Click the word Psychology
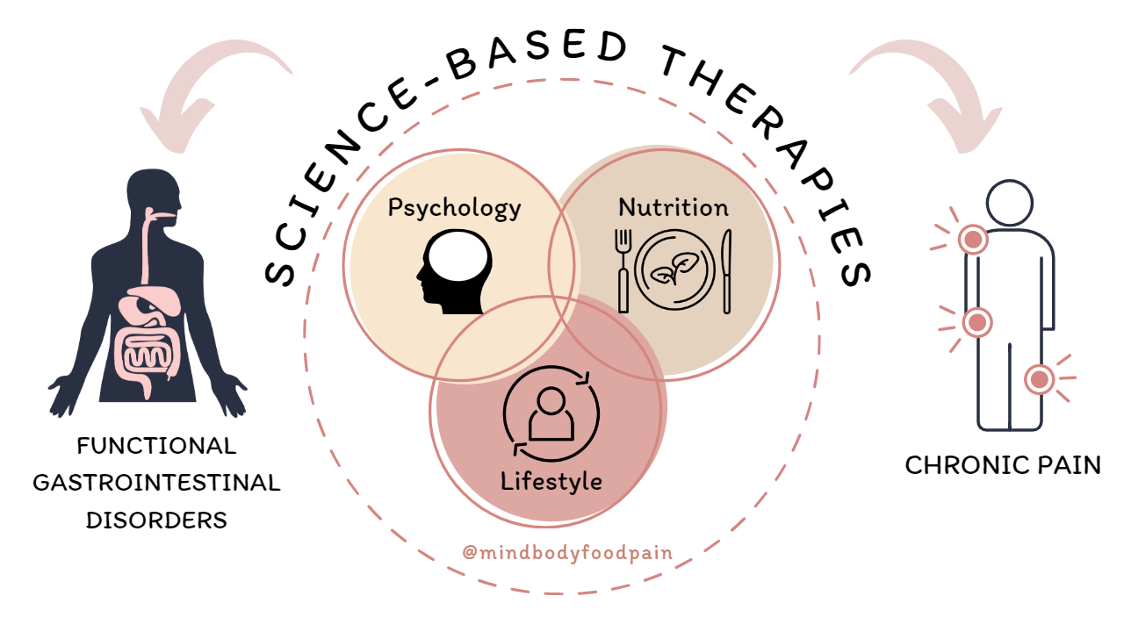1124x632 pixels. pyautogui.click(x=454, y=209)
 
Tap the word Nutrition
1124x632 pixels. pyautogui.click(x=674, y=208)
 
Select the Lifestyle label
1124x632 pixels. pyautogui.click(x=551, y=481)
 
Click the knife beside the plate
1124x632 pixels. pyautogui.click(x=726, y=270)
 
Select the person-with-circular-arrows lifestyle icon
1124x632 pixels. pyautogui.click(x=551, y=413)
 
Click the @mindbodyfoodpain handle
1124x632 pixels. pyautogui.click(x=567, y=553)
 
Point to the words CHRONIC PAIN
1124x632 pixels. pyautogui.click(x=1003, y=465)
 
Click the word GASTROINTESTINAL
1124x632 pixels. pyautogui.click(x=156, y=483)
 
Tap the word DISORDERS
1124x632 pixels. pyautogui.click(x=156, y=520)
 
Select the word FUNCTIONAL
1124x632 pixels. pyautogui.click(x=156, y=446)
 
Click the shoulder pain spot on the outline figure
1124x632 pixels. pyautogui.click(x=973, y=239)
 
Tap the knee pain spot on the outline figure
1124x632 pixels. pyautogui.click(x=1040, y=379)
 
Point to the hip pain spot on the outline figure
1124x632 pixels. pyautogui.click(x=976, y=323)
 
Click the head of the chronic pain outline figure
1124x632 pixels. pyautogui.click(x=1010, y=202)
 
